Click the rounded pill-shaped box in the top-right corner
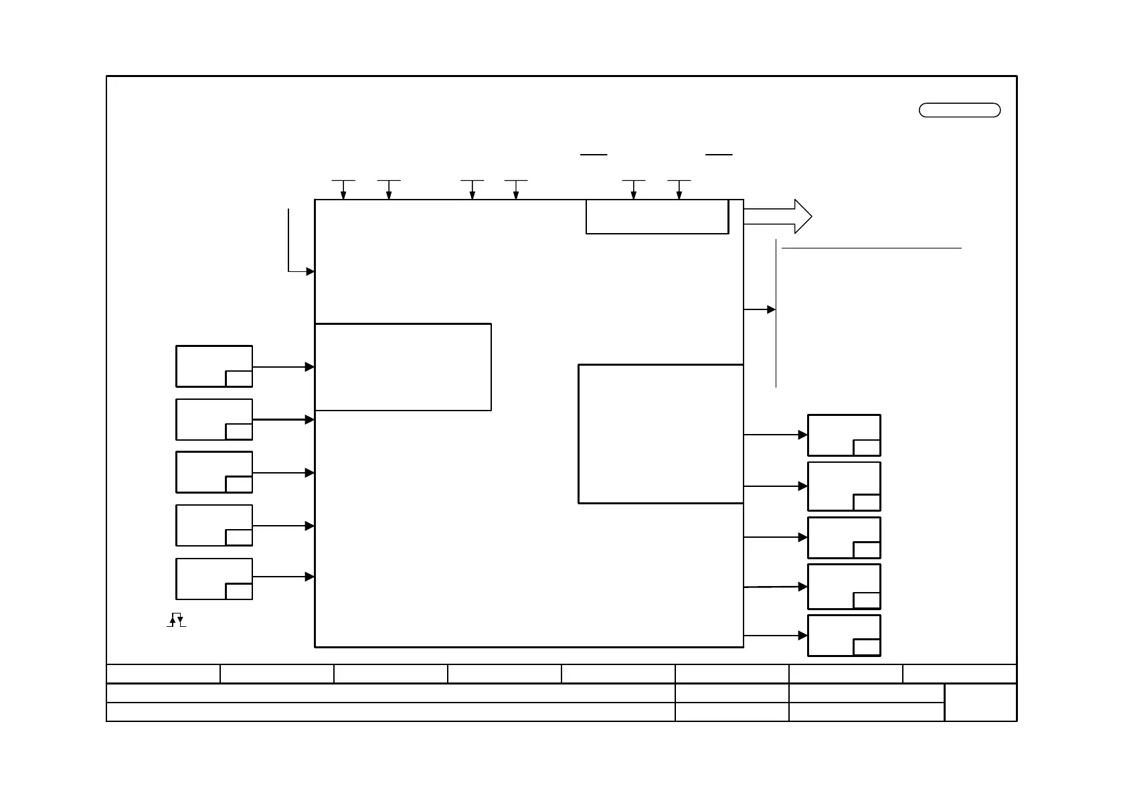[x=960, y=111]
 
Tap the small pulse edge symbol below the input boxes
[x=176, y=620]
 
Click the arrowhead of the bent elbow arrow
[x=311, y=271]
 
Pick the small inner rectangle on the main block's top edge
[x=657, y=216]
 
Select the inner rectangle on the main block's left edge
[x=403, y=367]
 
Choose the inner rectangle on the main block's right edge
[x=661, y=434]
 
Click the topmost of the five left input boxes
[x=214, y=366]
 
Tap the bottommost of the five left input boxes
[x=214, y=579]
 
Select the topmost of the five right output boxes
[x=844, y=435]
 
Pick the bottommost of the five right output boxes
[x=844, y=636]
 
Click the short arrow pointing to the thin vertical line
[x=760, y=309]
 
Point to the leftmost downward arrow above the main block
[x=343, y=190]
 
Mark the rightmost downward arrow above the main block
[x=679, y=190]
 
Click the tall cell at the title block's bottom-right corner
[x=980, y=702]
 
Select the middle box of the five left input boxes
[x=214, y=472]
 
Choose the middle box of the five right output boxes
[x=844, y=538]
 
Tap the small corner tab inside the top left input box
[x=239, y=378]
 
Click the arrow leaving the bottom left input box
[x=283, y=577]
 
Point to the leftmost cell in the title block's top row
[x=163, y=674]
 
